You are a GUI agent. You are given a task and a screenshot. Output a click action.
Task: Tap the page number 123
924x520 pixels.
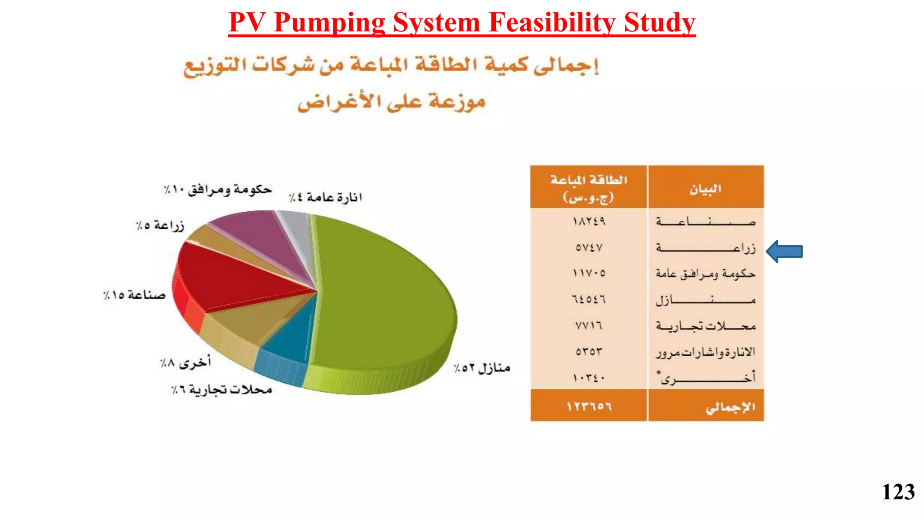[x=897, y=492]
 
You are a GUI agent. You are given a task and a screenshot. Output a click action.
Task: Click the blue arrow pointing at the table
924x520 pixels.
[x=785, y=251]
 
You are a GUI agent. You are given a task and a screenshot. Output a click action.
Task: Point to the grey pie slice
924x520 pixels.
[x=296, y=226]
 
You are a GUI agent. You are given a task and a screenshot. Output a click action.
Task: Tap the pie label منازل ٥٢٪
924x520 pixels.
[x=482, y=368]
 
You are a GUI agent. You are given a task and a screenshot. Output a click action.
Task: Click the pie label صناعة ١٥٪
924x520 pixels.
[x=134, y=295]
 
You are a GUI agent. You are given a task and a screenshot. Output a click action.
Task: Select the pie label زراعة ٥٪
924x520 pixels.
[x=160, y=225]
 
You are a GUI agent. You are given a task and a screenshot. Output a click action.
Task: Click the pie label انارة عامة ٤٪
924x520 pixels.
[x=325, y=197]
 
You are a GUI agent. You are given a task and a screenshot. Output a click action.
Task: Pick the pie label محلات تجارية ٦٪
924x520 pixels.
[x=222, y=390]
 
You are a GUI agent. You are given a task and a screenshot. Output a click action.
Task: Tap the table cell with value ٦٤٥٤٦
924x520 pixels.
[x=589, y=299]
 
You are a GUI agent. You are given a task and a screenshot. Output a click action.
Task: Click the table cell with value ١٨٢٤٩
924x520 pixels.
[x=589, y=221]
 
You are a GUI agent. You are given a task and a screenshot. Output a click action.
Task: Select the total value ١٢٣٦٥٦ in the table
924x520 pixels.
[x=589, y=406]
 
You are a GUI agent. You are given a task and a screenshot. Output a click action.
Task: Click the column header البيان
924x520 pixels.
[x=705, y=189]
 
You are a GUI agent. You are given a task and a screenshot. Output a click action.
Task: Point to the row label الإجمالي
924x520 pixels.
[x=730, y=407]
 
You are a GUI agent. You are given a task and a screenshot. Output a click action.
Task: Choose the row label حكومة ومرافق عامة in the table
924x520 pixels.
[x=705, y=274]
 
